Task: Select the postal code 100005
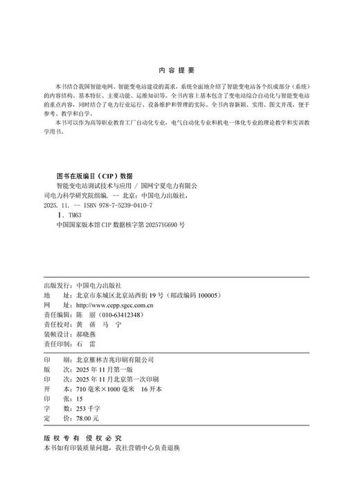(x=205, y=295)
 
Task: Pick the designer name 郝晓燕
(x=89, y=333)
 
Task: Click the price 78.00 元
(x=88, y=418)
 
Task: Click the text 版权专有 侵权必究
(x=82, y=439)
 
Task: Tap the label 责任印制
(x=57, y=342)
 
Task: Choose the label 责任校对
(x=57, y=324)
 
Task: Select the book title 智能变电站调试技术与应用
(x=92, y=186)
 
